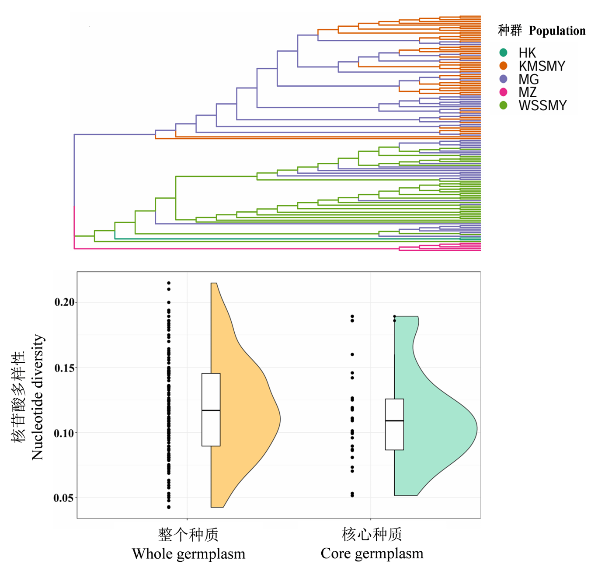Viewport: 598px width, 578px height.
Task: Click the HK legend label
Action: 527,53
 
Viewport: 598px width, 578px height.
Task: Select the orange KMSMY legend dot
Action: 503,66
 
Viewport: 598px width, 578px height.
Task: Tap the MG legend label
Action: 528,79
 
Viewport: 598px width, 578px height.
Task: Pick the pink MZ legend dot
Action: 503,92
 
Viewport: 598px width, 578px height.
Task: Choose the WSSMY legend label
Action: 542,105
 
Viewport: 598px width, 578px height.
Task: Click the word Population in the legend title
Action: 557,31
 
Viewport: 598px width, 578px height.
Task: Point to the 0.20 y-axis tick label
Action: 64,302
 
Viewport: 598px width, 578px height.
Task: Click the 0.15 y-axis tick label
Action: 64,368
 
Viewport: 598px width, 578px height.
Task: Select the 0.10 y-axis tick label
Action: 64,433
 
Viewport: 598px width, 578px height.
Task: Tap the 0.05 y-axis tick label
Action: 63,498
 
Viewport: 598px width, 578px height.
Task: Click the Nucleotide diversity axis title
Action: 38,397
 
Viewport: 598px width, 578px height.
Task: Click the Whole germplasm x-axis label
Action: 188,553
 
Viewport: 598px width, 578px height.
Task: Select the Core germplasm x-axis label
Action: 372,553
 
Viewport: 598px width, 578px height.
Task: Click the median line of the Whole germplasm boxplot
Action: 211,410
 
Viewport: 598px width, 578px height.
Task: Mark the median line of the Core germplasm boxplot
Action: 394,420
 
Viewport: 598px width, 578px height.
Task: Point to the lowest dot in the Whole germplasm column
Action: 169,507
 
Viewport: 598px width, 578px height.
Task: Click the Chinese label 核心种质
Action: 372,534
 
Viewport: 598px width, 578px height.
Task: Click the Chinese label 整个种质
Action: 188,534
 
